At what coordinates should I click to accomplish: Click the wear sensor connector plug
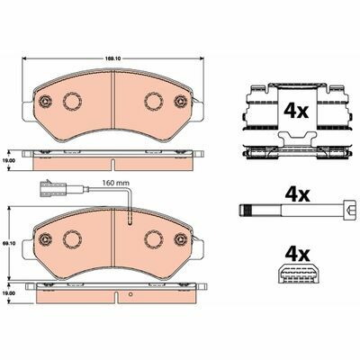pyautogui.click(x=49, y=189)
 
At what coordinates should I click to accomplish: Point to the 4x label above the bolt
pyautogui.click(x=297, y=195)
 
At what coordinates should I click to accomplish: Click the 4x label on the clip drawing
pyautogui.click(x=295, y=112)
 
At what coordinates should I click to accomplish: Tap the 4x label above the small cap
pyautogui.click(x=297, y=255)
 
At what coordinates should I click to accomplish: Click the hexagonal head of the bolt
pyautogui.click(x=351, y=209)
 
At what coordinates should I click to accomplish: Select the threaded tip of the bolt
pyautogui.click(x=246, y=209)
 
